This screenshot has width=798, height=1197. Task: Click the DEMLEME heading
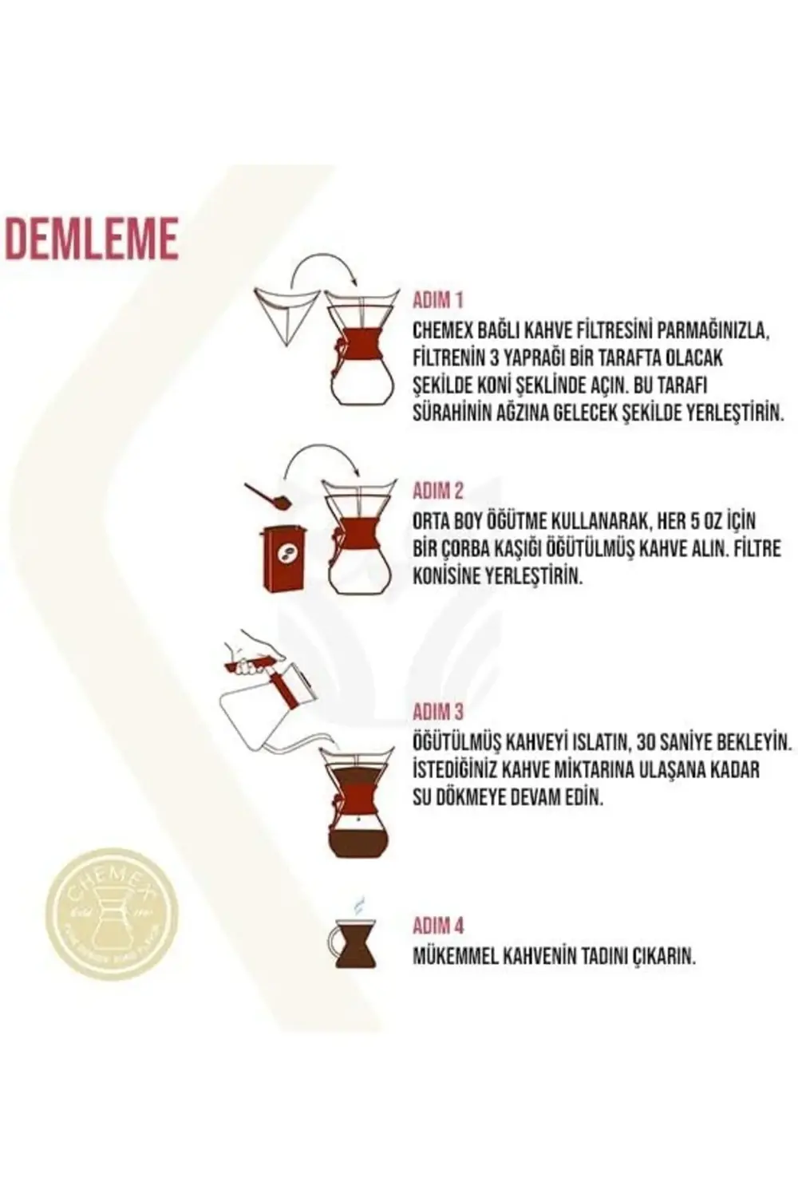92,237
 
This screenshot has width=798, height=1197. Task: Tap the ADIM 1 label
437,301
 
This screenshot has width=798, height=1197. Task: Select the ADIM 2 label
437,490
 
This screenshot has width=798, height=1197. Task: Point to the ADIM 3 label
437,711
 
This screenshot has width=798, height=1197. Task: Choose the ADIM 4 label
437,926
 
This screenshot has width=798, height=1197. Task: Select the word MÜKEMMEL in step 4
454,957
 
